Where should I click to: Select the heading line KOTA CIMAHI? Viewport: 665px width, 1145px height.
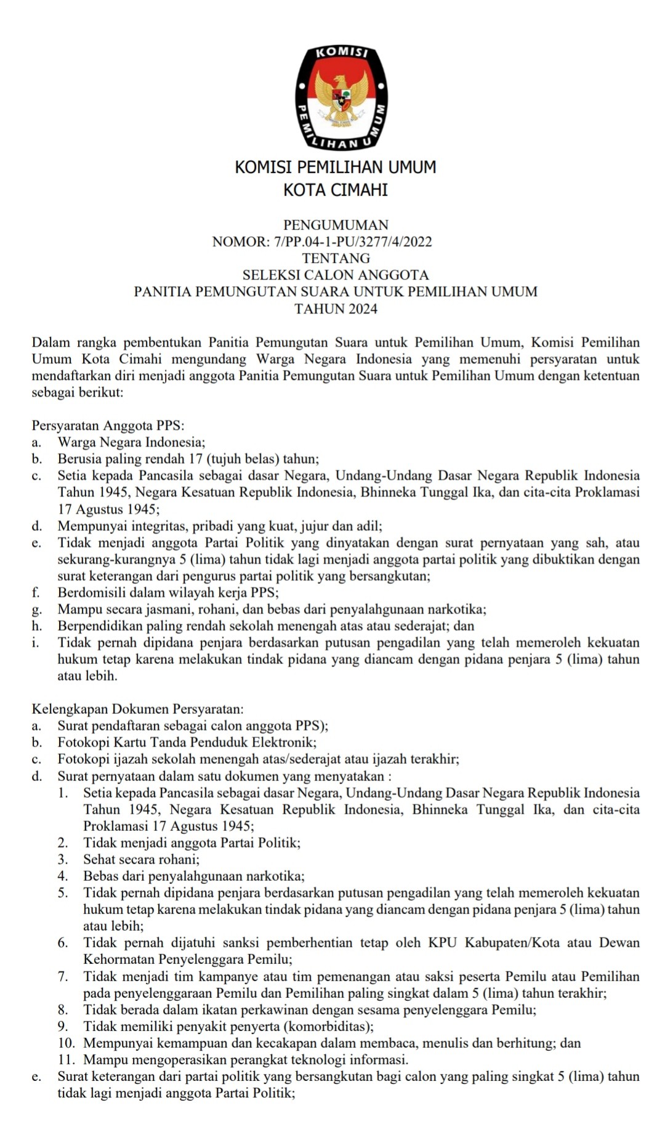coord(336,190)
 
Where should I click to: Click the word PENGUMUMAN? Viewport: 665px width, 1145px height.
coord(336,225)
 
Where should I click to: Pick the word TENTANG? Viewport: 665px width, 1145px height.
coord(336,258)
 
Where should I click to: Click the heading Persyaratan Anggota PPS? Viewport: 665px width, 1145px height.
coord(108,426)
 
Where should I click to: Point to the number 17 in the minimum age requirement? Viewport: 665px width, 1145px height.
coord(196,459)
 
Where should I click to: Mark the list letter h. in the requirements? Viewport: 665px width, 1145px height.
coord(37,626)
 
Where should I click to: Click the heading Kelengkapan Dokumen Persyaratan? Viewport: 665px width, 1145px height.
coord(137,709)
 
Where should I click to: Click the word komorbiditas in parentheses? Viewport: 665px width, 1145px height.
coord(326,1026)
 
